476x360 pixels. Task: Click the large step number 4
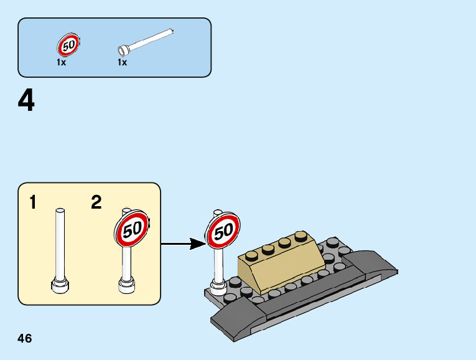[x=26, y=101]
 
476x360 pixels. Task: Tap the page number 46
[x=25, y=339]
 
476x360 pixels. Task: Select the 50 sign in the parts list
[x=68, y=45]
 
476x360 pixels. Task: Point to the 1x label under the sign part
[x=61, y=62]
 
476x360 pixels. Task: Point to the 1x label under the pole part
[x=123, y=62]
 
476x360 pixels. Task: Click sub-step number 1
[x=32, y=202]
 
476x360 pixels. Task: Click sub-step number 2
[x=96, y=202]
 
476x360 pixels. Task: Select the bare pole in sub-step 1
[x=60, y=243]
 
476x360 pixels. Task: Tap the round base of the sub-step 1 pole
[x=60, y=286]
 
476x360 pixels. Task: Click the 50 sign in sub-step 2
[x=131, y=229]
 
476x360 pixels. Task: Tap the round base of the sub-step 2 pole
[x=127, y=287]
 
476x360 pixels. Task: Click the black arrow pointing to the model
[x=184, y=244]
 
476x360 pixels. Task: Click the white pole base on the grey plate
[x=218, y=287]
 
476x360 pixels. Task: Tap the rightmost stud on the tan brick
[x=301, y=237]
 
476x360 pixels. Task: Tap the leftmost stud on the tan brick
[x=252, y=254]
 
